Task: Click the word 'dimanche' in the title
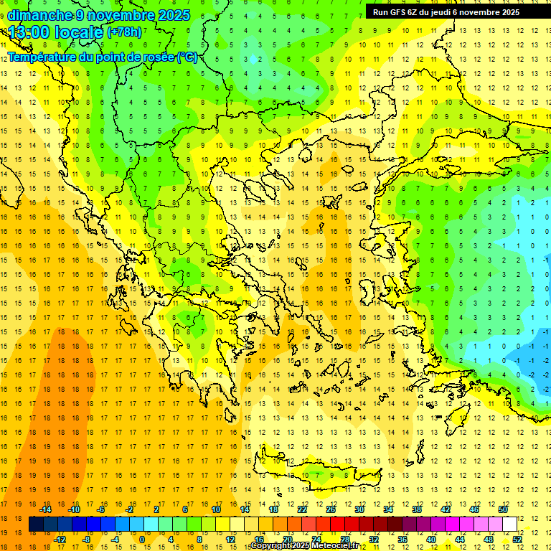tap(39, 15)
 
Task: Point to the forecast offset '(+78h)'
tap(124, 32)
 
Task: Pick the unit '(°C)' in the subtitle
tap(187, 57)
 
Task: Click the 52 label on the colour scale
tap(517, 540)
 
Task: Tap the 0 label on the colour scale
tap(142, 540)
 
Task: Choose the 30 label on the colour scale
tap(359, 509)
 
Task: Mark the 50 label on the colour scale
tap(503, 509)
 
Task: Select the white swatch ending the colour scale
tap(509, 524)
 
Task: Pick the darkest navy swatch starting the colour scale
tap(36, 524)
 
